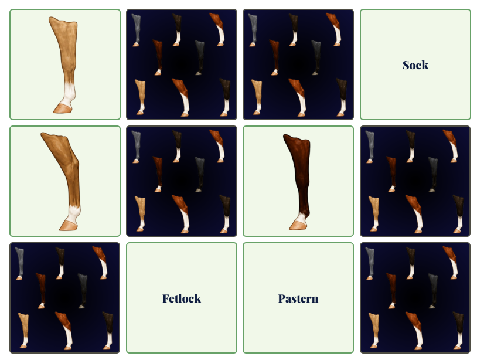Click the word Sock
pos(415,65)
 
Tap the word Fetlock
pos(182,298)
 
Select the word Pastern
pos(298,298)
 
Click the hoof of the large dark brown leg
pos(298,226)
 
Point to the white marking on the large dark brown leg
pos(301,218)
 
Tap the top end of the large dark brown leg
pos(296,137)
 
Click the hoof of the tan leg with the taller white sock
pos(63,108)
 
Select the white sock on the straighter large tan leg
pos(69,93)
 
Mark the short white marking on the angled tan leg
pos(73,214)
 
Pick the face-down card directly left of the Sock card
pos(298,64)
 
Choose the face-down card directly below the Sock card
pos(415,181)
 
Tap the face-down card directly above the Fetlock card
pos(182,181)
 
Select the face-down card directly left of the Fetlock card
pos(65,298)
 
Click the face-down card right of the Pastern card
pos(415,298)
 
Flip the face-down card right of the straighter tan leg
pos(182,64)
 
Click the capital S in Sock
pos(407,65)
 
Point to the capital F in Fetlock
pos(166,298)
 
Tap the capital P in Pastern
pos(282,298)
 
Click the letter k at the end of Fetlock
pos(197,298)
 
